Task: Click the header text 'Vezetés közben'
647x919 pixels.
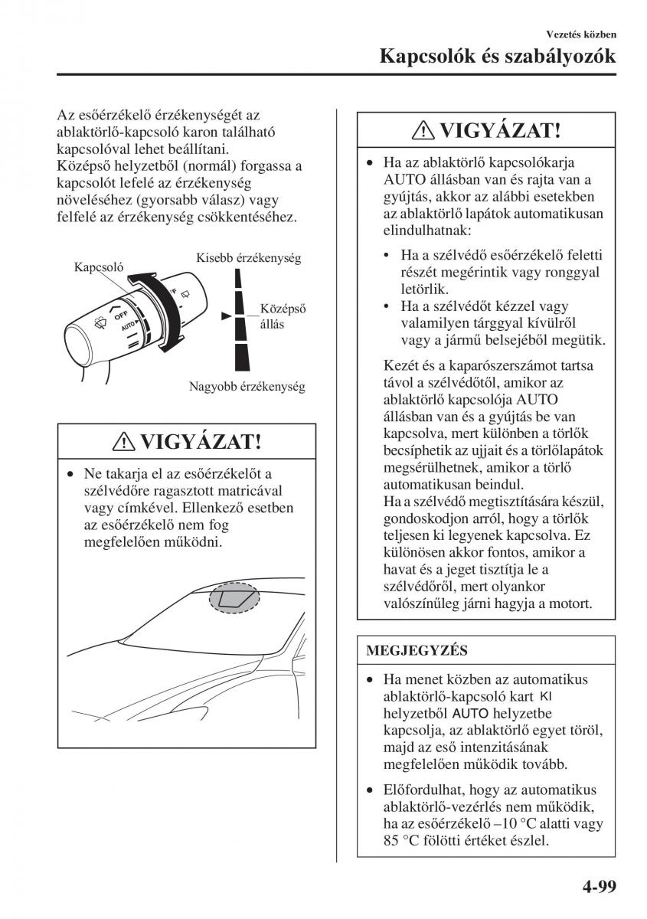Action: pos(581,34)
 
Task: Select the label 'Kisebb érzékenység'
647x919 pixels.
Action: pos(248,258)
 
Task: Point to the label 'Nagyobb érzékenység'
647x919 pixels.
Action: pos(247,387)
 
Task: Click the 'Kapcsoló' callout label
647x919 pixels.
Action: pos(99,267)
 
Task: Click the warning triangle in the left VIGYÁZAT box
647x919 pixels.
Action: pos(125,443)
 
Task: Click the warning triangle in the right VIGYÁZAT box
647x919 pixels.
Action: pos(423,131)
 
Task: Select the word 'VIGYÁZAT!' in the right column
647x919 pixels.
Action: pos(500,130)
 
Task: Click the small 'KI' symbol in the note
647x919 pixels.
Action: pos(545,696)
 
